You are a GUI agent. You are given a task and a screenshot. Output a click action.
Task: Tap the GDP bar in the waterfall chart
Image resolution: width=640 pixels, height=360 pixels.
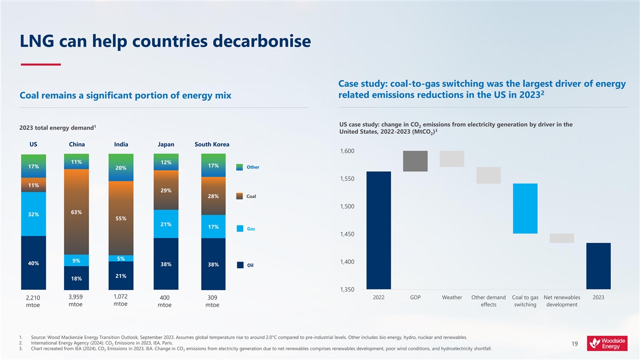(415, 161)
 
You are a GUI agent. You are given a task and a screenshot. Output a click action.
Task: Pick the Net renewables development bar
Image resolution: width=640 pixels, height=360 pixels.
(562, 238)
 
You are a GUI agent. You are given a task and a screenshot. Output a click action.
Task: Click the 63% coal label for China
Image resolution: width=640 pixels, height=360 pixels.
(76, 212)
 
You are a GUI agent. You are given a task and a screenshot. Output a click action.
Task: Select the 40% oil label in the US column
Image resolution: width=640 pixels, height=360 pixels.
(33, 263)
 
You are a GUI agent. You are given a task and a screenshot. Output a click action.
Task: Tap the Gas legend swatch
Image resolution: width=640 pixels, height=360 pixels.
(240, 229)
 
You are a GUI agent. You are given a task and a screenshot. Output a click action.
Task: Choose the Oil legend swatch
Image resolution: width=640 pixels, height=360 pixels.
(240, 265)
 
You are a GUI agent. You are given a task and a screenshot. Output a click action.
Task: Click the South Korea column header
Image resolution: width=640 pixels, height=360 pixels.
(212, 144)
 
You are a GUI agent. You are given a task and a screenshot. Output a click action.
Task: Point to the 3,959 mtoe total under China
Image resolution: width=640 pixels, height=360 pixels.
(76, 301)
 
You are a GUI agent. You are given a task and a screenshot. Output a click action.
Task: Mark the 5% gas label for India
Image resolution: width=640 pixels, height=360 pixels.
(121, 259)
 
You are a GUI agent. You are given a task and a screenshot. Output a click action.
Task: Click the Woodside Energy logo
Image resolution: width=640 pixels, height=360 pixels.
(608, 343)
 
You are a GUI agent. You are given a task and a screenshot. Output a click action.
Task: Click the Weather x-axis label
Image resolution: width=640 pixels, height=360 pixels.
(452, 298)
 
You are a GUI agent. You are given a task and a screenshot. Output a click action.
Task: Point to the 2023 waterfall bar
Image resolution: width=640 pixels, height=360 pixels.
(598, 266)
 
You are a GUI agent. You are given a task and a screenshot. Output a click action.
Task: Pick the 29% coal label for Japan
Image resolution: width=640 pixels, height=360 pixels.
(165, 190)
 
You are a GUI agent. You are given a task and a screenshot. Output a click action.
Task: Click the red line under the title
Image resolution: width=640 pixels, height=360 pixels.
(41, 65)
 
